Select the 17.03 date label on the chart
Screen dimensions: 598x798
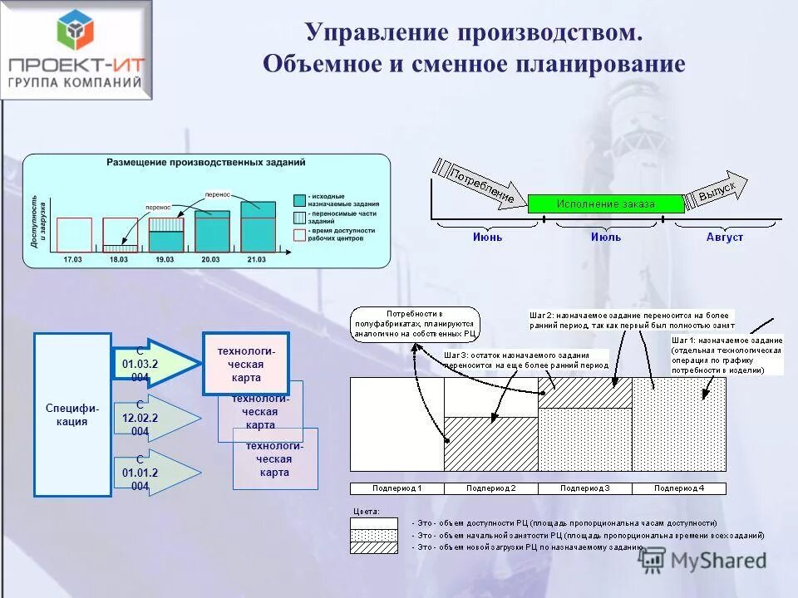pyautogui.click(x=73, y=260)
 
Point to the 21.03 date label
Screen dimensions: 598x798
pyautogui.click(x=257, y=260)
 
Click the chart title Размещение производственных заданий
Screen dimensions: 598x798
pyautogui.click(x=205, y=162)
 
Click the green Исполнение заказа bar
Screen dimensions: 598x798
pyautogui.click(x=605, y=203)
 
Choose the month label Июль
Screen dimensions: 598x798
pyautogui.click(x=605, y=237)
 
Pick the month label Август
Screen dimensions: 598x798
pyautogui.click(x=724, y=237)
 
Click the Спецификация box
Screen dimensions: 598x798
pyautogui.click(x=72, y=414)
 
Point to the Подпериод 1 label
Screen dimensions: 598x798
pyautogui.click(x=397, y=488)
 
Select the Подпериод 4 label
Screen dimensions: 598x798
pyautogui.click(x=678, y=488)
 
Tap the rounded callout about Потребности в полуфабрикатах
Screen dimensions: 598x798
pyautogui.click(x=414, y=324)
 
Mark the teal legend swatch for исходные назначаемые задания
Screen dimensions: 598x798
pyautogui.click(x=299, y=199)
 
